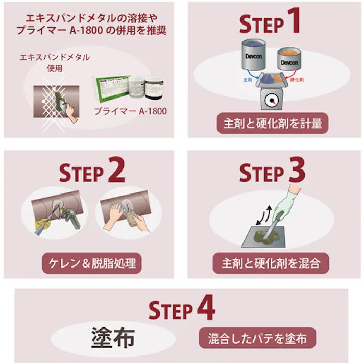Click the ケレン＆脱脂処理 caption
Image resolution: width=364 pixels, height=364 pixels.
pos(91,264)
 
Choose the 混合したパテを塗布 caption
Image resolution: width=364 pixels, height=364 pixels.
pos(257,338)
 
